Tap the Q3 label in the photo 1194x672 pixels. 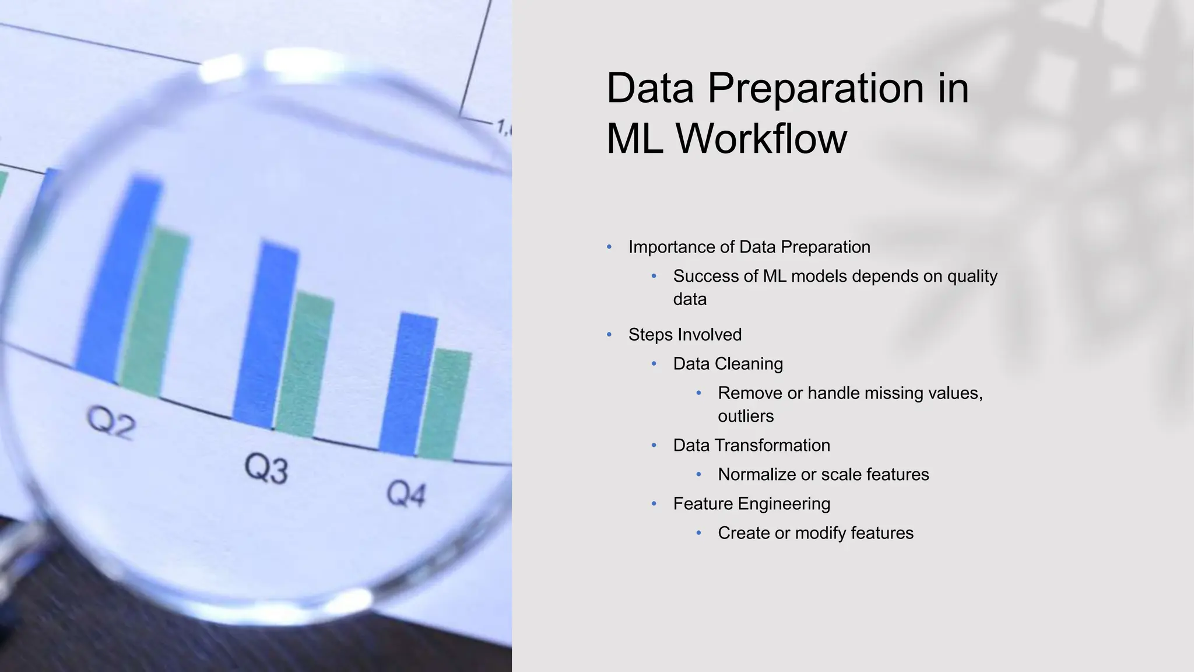[266, 468]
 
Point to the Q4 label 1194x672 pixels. [406, 495]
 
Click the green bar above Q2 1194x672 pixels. [154, 315]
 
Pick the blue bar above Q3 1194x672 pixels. [265, 335]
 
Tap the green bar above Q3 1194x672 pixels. [303, 365]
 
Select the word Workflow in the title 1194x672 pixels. [761, 139]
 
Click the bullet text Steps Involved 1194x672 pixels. [684, 335]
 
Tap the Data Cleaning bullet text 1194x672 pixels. [728, 364]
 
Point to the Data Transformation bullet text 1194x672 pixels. [751, 446]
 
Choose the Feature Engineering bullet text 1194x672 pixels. [751, 504]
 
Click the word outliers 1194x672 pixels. [746, 416]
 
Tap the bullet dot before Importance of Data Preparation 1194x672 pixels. [609, 247]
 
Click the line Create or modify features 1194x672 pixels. [815, 533]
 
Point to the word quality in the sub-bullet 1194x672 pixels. [972, 276]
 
